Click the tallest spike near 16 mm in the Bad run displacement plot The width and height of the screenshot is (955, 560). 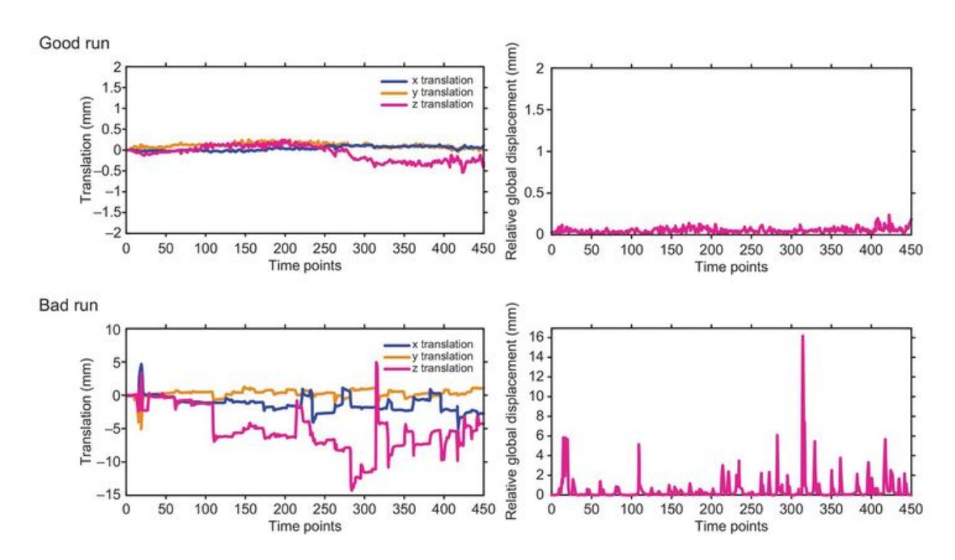[x=802, y=337]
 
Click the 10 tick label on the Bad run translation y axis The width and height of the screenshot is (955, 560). [x=112, y=329]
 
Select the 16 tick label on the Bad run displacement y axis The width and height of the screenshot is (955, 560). [x=537, y=337]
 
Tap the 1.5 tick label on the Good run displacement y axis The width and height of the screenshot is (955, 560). [x=534, y=109]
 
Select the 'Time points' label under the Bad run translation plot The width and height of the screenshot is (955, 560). [x=305, y=525]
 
